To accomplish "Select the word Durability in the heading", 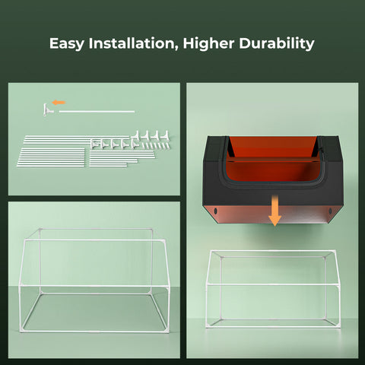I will [x=278, y=43].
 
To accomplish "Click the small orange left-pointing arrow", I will [x=59, y=102].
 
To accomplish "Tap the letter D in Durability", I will [x=244, y=43].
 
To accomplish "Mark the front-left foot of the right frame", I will [x=208, y=326].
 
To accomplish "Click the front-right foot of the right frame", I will [x=338, y=326].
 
